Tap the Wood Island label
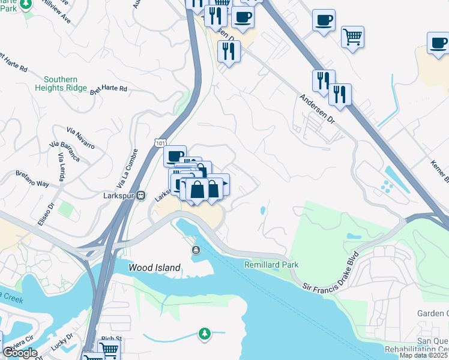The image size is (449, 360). [x=155, y=268]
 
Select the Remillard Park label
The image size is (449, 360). [x=271, y=265]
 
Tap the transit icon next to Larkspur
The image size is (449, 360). [x=140, y=195]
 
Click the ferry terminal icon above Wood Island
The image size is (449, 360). [x=195, y=250]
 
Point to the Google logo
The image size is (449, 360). [x=19, y=353]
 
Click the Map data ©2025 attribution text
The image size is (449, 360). [x=423, y=355]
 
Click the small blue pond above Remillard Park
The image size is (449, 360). [x=263, y=211]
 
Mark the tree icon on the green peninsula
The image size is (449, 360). [x=205, y=333]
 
